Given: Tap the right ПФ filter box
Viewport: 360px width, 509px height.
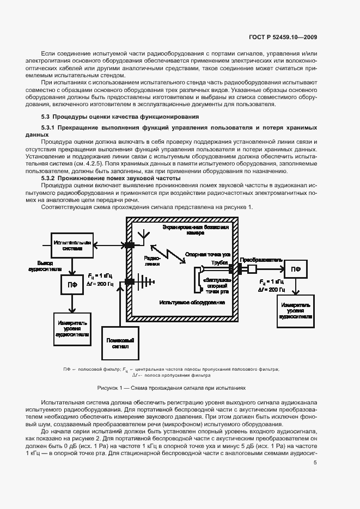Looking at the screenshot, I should coord(295,268).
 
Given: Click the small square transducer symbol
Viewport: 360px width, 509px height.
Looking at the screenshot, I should coord(253,268).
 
